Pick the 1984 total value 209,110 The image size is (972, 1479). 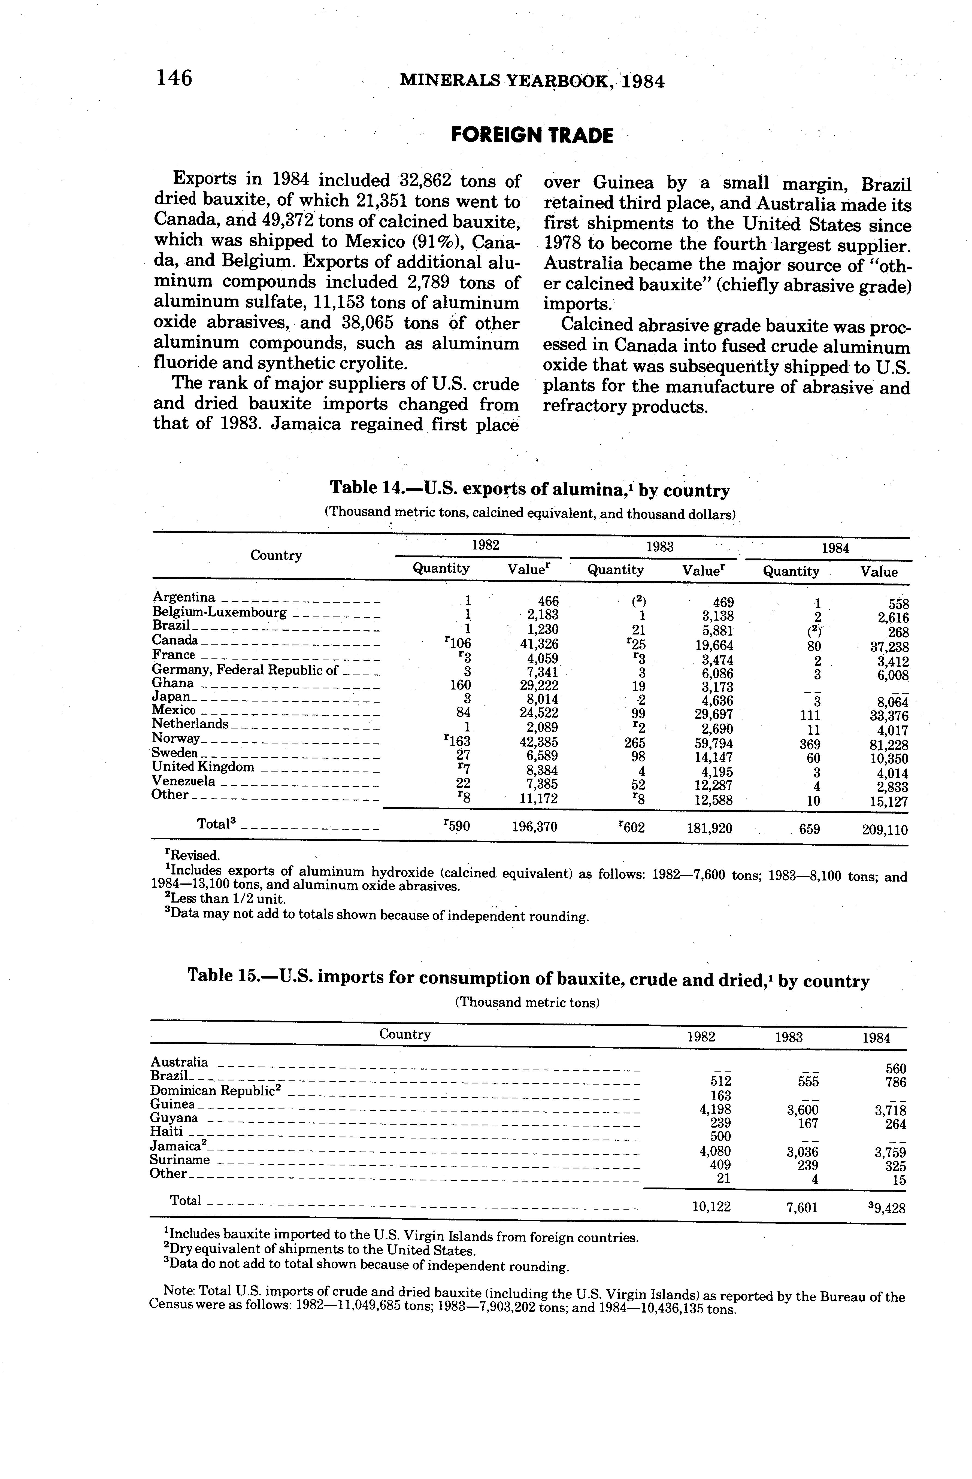point(884,830)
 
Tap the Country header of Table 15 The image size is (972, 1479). point(405,1034)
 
